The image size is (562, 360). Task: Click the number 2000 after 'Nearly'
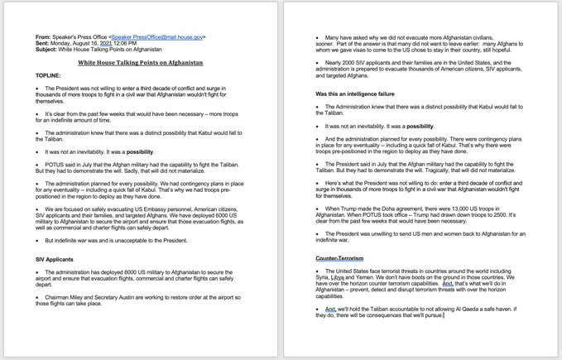click(x=353, y=63)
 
